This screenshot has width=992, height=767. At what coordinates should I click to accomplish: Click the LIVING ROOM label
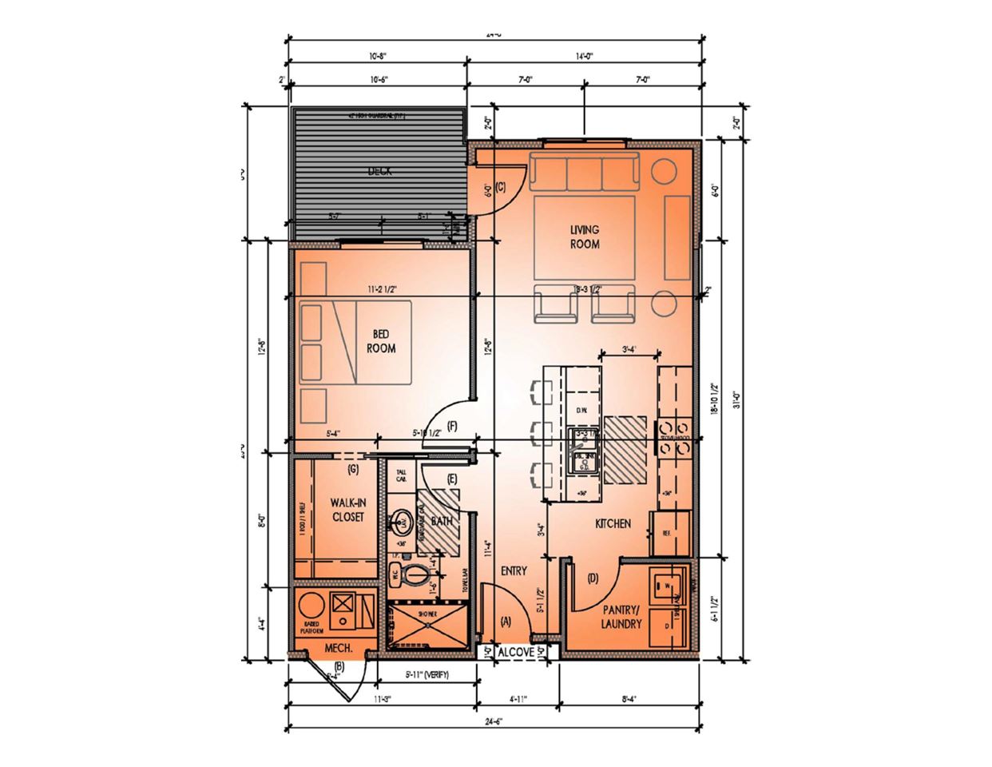coord(584,237)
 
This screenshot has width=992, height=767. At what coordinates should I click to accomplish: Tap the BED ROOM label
coord(381,342)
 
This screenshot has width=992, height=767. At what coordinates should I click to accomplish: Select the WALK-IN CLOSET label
coord(347,511)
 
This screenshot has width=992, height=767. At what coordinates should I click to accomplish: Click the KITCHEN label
coord(613,524)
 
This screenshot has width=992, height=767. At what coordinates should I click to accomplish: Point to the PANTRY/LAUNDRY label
coord(621,618)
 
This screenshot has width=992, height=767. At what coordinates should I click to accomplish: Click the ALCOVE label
coord(515,653)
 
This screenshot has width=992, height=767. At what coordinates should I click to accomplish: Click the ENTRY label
coord(514,570)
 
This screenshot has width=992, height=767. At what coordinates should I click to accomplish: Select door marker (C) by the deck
coord(501,188)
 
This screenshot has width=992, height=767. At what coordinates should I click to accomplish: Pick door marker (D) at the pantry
coord(593,578)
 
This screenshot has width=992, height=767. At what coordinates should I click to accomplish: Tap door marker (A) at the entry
coord(505,621)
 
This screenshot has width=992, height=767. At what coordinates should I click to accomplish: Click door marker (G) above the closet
coord(353,469)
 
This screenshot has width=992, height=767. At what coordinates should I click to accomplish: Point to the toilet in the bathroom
coord(411,574)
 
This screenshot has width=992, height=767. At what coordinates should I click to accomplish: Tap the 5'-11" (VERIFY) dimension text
coord(427,675)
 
